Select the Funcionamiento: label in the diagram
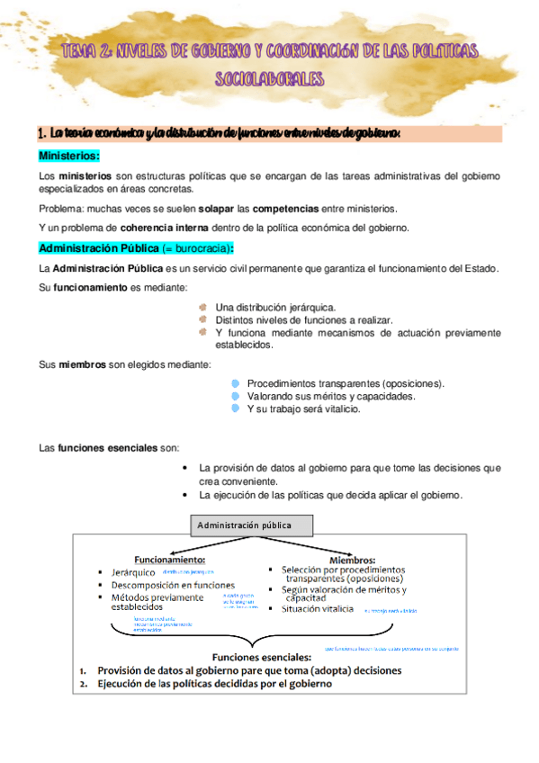(170, 559)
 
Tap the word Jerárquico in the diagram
(133, 571)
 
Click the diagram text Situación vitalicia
(319, 609)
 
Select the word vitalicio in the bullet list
(335, 408)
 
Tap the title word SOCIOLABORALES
(268, 79)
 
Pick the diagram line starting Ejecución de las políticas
(214, 684)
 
